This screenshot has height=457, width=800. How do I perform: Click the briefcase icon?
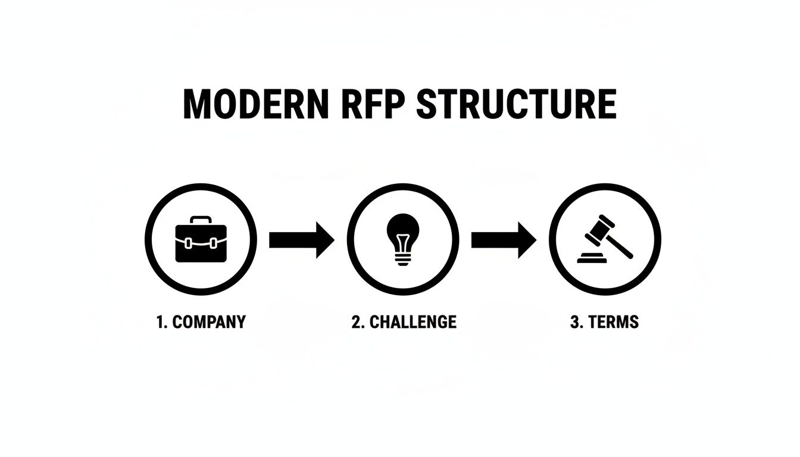[201, 240]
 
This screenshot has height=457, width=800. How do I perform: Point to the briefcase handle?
[201, 220]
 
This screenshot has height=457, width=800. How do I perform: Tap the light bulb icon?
[403, 238]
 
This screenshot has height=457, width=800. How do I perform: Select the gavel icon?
[605, 239]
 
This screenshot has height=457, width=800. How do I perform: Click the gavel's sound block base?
[593, 259]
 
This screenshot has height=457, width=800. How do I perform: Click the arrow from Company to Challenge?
[301, 240]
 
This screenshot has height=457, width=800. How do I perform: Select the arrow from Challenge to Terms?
[504, 240]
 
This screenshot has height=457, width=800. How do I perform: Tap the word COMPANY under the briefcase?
[208, 322]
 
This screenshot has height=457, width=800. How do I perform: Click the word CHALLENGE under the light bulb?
[412, 322]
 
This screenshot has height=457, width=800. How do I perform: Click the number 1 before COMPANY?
[160, 322]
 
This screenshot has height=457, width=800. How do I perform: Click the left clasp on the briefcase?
[189, 243]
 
